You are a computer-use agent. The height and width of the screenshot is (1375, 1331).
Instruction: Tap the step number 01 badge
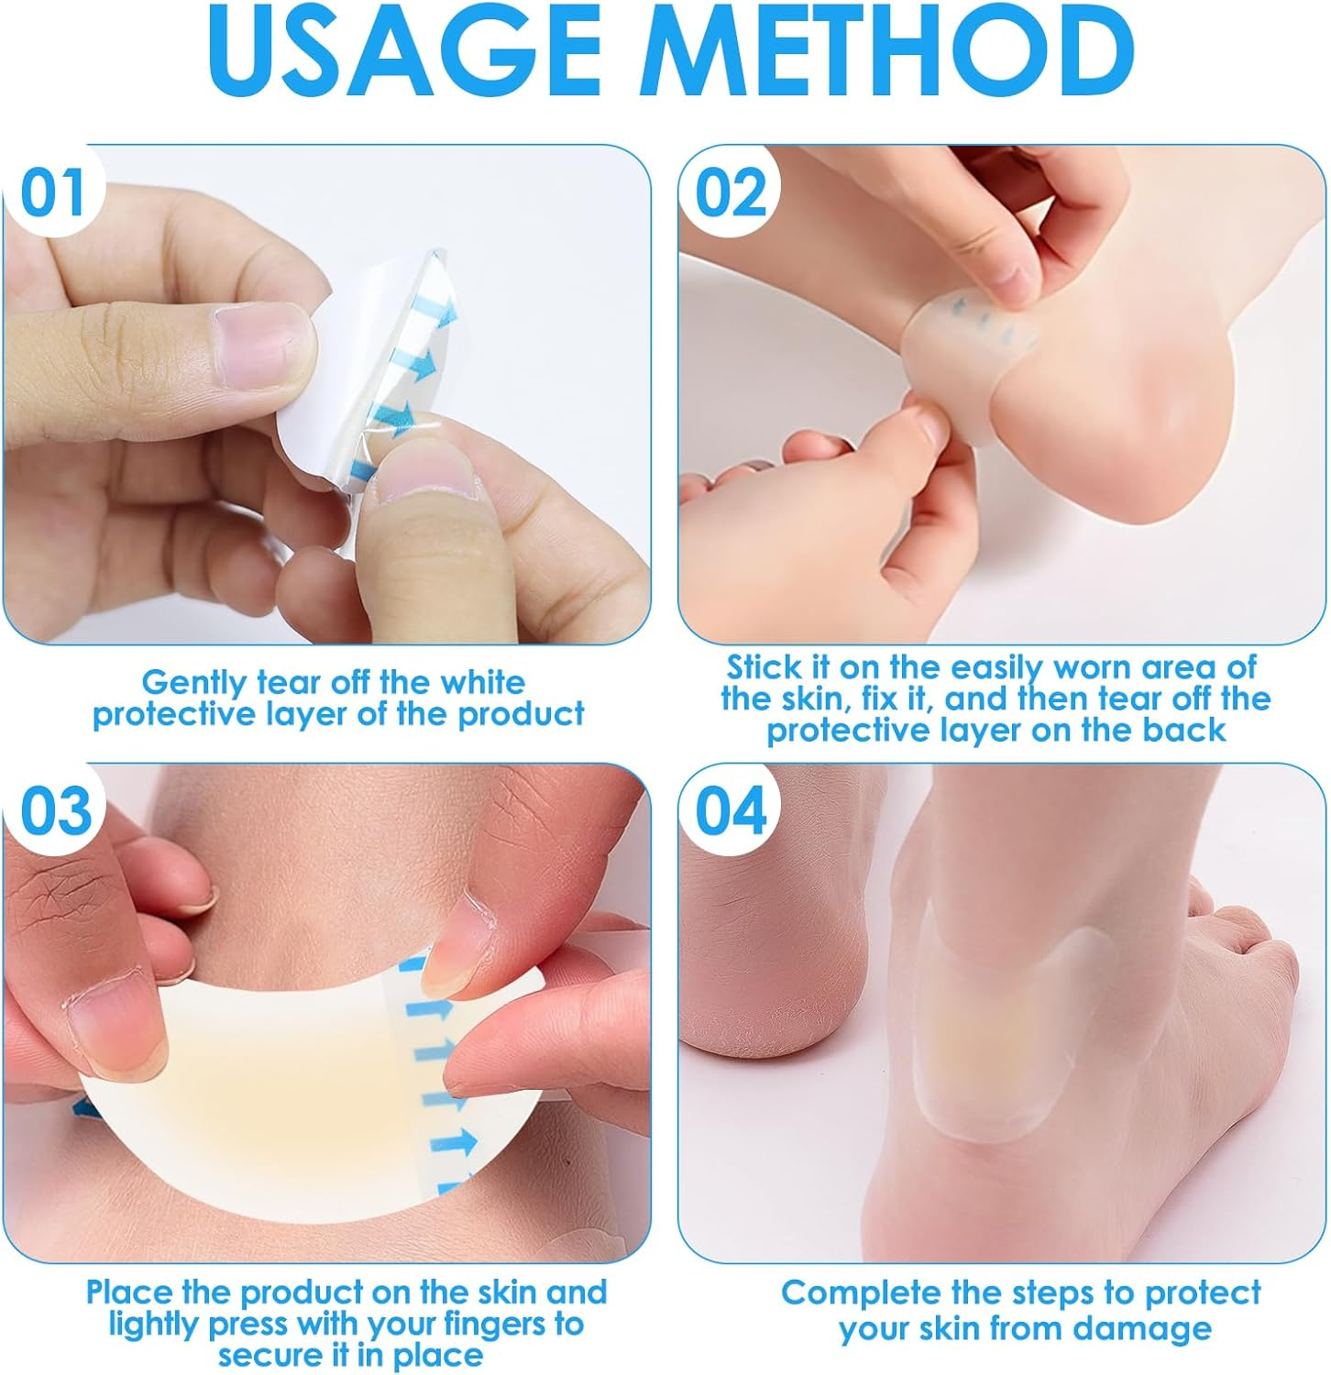pyautogui.click(x=52, y=193)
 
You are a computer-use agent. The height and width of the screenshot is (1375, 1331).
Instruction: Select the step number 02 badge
pyautogui.click(x=730, y=193)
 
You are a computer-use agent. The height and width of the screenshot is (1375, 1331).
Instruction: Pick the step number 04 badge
pyautogui.click(x=730, y=811)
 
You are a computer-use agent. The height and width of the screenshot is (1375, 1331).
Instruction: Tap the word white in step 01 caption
pyautogui.click(x=482, y=682)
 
